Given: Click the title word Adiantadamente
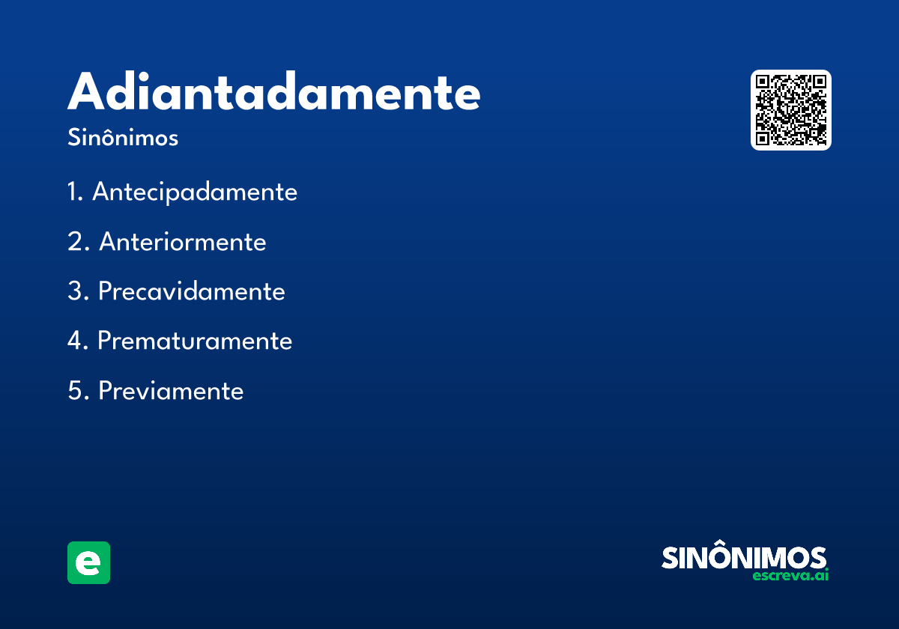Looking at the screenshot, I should [273, 92].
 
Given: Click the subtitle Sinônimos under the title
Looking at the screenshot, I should [123, 139].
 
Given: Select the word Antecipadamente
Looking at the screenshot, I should [195, 192].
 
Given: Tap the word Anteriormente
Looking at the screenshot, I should [183, 242].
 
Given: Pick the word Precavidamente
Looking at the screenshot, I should [192, 291].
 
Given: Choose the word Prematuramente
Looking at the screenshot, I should [195, 341].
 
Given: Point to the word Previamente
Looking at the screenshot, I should [171, 391].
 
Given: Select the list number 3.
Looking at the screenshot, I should [75, 291].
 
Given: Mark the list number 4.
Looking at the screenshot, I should [75, 341].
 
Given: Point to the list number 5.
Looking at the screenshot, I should [75, 391].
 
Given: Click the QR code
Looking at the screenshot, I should [791, 110].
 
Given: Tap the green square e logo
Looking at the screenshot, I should [88, 562].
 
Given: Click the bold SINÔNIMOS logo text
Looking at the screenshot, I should [744, 558].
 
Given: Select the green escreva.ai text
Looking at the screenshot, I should [791, 576].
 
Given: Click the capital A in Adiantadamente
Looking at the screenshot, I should [87, 92].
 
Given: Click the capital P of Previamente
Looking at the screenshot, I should [106, 391].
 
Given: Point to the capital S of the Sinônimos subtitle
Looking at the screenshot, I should [73, 139].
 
